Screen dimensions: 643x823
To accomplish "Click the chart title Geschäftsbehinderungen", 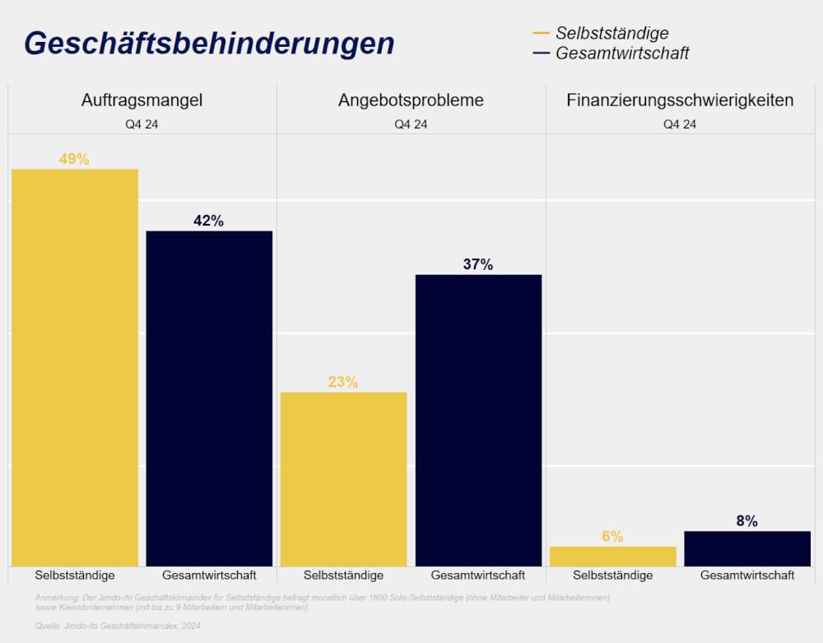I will (209, 43).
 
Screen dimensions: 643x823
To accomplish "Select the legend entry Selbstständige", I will (611, 33).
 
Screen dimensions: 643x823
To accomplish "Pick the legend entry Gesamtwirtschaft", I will (622, 54).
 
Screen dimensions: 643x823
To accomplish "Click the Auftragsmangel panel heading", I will (142, 100).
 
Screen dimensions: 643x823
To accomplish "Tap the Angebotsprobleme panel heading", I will (411, 100).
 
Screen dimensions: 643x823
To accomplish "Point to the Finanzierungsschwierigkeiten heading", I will (680, 100).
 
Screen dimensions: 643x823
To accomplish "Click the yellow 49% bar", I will (75, 367).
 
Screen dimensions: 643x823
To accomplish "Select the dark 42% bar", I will (209, 398).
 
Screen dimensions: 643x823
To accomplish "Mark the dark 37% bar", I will (478, 420).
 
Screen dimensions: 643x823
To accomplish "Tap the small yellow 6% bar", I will (612, 557).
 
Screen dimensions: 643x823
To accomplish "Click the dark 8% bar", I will (747, 548).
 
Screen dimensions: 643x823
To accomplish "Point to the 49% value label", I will (74, 160).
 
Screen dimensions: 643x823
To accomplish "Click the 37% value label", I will (478, 264).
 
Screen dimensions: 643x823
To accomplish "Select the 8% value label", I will (747, 521).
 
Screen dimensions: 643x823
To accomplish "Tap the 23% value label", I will (343, 382).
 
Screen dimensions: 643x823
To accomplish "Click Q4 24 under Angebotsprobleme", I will (411, 125).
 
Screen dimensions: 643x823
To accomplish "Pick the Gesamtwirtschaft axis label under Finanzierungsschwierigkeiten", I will (747, 575).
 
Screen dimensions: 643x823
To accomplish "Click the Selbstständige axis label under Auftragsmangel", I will (75, 575).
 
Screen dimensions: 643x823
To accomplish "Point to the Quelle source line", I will (119, 627).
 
